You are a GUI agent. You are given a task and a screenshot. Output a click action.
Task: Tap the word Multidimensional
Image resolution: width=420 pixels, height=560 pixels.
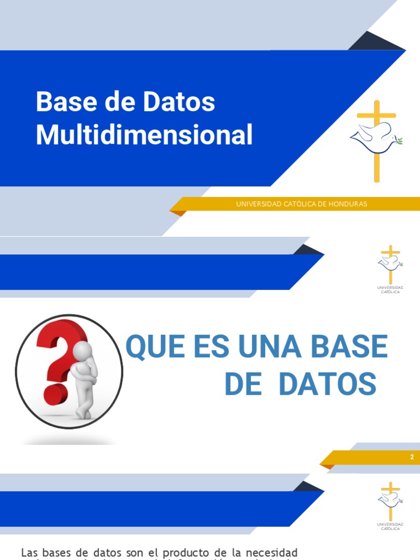click(x=144, y=135)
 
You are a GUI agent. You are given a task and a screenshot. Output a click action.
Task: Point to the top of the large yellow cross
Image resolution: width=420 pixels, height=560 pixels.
click(x=376, y=104)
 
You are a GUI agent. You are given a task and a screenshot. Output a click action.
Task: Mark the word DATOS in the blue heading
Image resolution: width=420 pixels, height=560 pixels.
click(x=327, y=384)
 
